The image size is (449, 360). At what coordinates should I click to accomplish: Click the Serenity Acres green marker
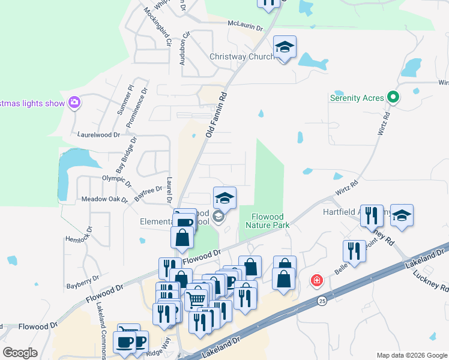[x=394, y=97]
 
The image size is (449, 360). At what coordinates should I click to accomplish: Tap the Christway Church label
[x=241, y=57]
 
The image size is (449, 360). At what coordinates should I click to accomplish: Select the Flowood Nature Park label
[x=268, y=220]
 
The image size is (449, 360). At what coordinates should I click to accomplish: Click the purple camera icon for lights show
[x=74, y=103]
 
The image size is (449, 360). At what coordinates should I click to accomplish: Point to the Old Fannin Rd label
[x=217, y=115]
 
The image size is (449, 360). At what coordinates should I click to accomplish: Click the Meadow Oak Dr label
[x=104, y=199]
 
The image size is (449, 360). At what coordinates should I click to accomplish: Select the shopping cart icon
[x=196, y=299]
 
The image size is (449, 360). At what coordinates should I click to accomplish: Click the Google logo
[x=20, y=352]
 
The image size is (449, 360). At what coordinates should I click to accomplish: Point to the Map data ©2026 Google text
[x=411, y=355]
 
